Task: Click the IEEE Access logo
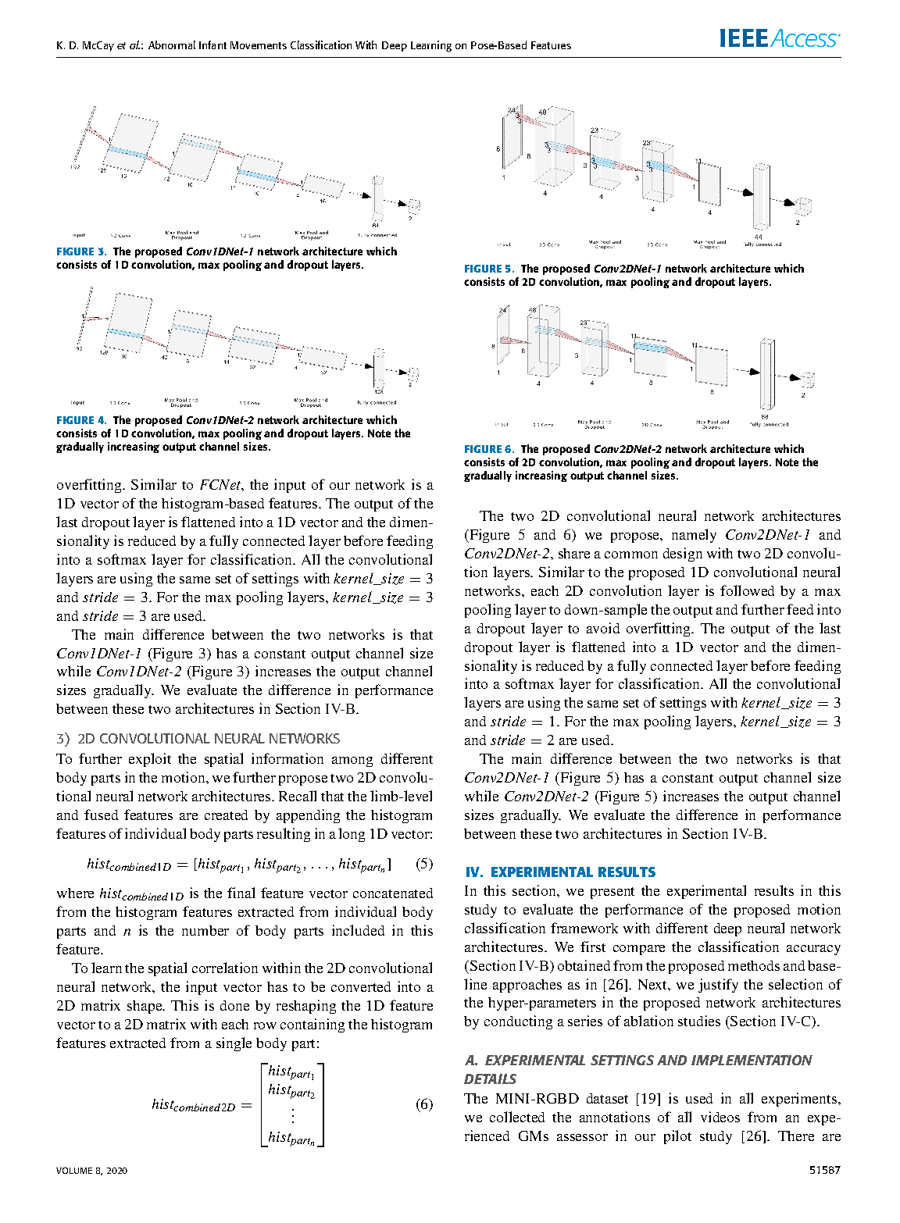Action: click(779, 38)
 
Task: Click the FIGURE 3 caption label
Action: click(80, 251)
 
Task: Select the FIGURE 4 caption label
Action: click(80, 420)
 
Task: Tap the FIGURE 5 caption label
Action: click(488, 269)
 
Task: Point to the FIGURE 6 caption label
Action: click(488, 449)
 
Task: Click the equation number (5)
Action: click(424, 864)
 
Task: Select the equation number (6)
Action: click(424, 1104)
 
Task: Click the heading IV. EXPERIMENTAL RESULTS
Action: click(560, 872)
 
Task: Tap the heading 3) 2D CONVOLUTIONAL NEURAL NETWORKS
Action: click(198, 739)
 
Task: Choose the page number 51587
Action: click(825, 1170)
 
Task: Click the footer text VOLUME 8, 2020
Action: click(91, 1170)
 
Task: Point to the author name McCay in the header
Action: click(96, 45)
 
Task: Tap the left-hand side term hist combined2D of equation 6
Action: click(193, 1105)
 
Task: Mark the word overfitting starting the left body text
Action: click(90, 485)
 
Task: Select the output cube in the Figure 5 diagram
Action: click(802, 206)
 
